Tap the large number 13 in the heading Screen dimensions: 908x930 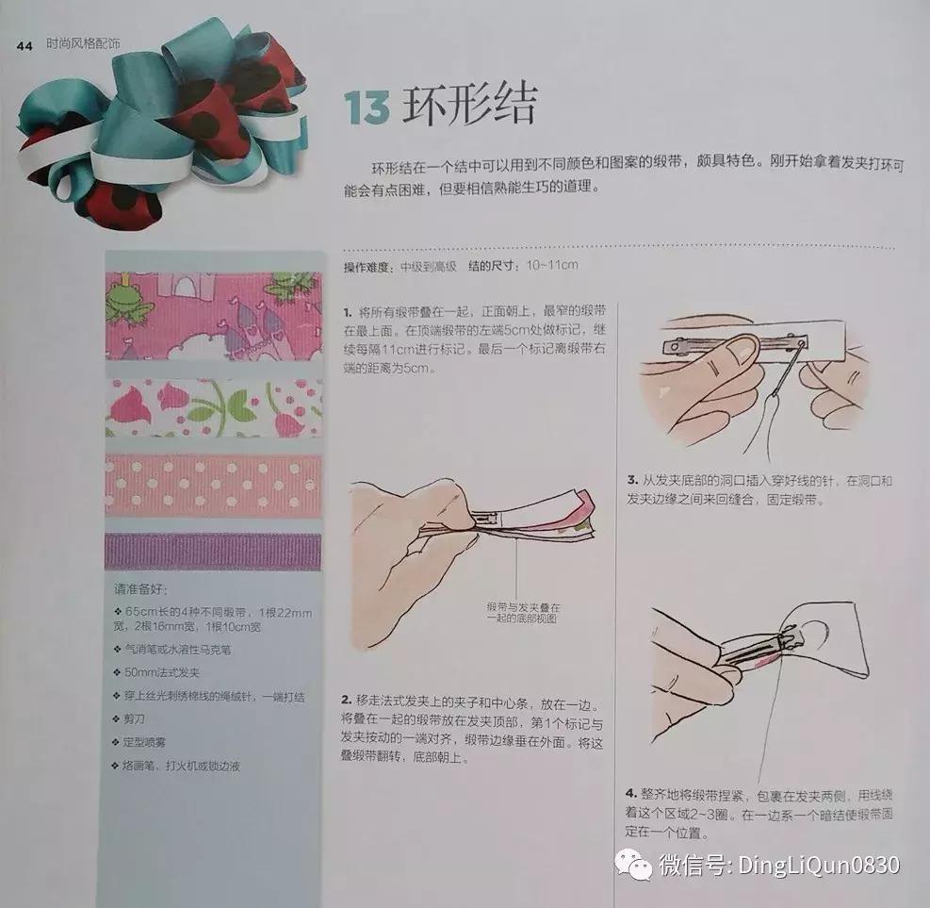[366, 109]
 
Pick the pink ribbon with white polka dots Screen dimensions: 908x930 [212, 485]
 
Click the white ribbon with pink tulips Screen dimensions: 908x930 [212, 408]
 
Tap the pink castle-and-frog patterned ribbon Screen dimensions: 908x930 [212, 315]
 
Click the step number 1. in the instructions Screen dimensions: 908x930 [349, 310]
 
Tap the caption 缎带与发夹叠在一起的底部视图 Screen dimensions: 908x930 [523, 612]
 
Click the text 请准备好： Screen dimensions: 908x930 [140, 590]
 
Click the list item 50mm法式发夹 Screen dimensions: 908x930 [155, 672]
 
